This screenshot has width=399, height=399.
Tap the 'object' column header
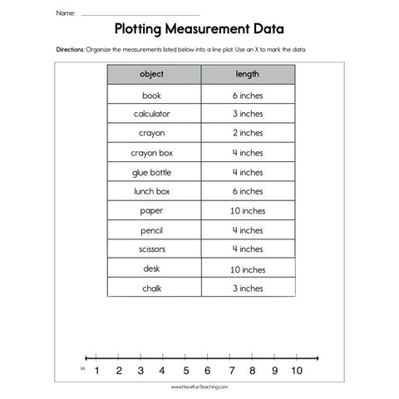pos(152,75)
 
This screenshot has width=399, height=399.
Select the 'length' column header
pos(248,75)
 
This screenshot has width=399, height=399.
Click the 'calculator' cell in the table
pos(152,113)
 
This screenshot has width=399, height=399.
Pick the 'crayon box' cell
pos(152,153)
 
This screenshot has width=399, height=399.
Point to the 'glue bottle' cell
pos(152,172)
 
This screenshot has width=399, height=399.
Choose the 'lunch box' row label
pos(152,192)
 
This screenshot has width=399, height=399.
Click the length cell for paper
pos(248,211)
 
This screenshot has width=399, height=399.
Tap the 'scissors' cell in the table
pos(152,249)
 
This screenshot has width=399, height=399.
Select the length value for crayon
pos(248,133)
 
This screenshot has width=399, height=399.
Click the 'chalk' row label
pos(152,288)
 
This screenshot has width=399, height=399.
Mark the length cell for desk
pos(248,269)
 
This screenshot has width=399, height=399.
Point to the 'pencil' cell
pos(152,230)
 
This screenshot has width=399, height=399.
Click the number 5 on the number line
pos(185,371)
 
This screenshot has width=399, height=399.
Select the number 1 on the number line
pos(97,371)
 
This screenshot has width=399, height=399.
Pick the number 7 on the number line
pos(229,371)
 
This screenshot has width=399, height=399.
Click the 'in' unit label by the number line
pos(82,367)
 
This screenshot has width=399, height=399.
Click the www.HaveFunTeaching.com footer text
pos(199,387)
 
